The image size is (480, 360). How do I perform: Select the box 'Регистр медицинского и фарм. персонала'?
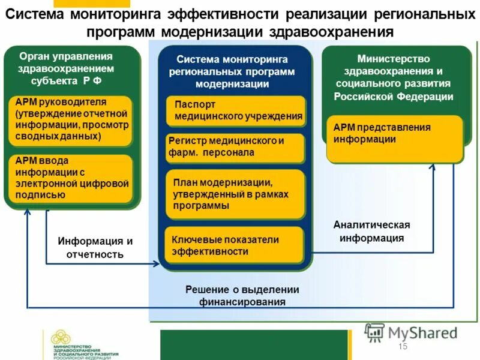235,148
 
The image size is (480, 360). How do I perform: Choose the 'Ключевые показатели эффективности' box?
235,245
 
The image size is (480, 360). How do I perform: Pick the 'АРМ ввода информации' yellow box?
70,178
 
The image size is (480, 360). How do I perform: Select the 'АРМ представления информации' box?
394,139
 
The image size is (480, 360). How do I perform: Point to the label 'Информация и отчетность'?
95,247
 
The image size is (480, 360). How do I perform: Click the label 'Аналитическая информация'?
371,231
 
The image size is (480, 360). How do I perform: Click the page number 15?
402,347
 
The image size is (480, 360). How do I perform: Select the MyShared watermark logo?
412,332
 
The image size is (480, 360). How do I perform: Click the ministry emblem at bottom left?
60,338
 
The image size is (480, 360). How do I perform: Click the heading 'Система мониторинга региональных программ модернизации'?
232,71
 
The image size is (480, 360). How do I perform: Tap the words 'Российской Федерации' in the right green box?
394,96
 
